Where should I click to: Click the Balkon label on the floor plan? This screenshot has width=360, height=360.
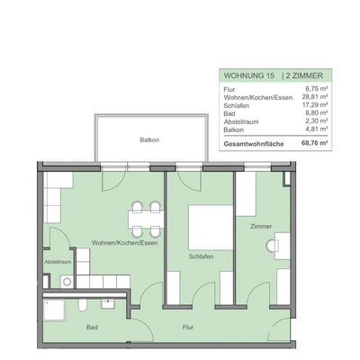coord(149,140)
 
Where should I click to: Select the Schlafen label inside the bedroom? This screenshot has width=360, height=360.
coord(200,256)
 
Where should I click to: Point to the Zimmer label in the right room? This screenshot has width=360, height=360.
coord(262,227)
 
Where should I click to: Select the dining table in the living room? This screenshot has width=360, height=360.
coord(146,217)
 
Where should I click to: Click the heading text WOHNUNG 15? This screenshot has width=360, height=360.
coord(244,76)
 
